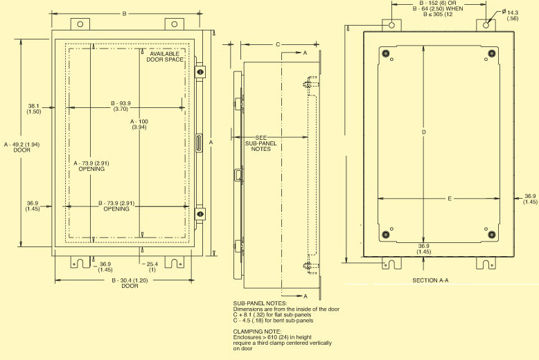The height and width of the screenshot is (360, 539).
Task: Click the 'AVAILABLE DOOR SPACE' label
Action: click(x=165, y=57)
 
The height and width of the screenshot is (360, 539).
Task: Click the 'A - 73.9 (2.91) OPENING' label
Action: click(x=91, y=165)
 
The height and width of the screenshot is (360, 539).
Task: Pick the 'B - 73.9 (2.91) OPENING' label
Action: click(x=116, y=206)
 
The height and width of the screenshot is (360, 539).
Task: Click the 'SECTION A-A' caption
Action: click(x=431, y=280)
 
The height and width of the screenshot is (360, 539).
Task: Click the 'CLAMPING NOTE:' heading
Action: click(x=258, y=332)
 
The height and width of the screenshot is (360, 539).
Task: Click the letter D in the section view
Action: click(x=423, y=132)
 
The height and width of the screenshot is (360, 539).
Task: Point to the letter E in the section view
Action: click(x=450, y=199)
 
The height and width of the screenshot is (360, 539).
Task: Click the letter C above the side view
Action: click(x=278, y=45)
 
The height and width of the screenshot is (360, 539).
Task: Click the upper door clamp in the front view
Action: click(x=200, y=71)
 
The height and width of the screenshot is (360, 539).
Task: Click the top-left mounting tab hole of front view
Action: click(x=80, y=24)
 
